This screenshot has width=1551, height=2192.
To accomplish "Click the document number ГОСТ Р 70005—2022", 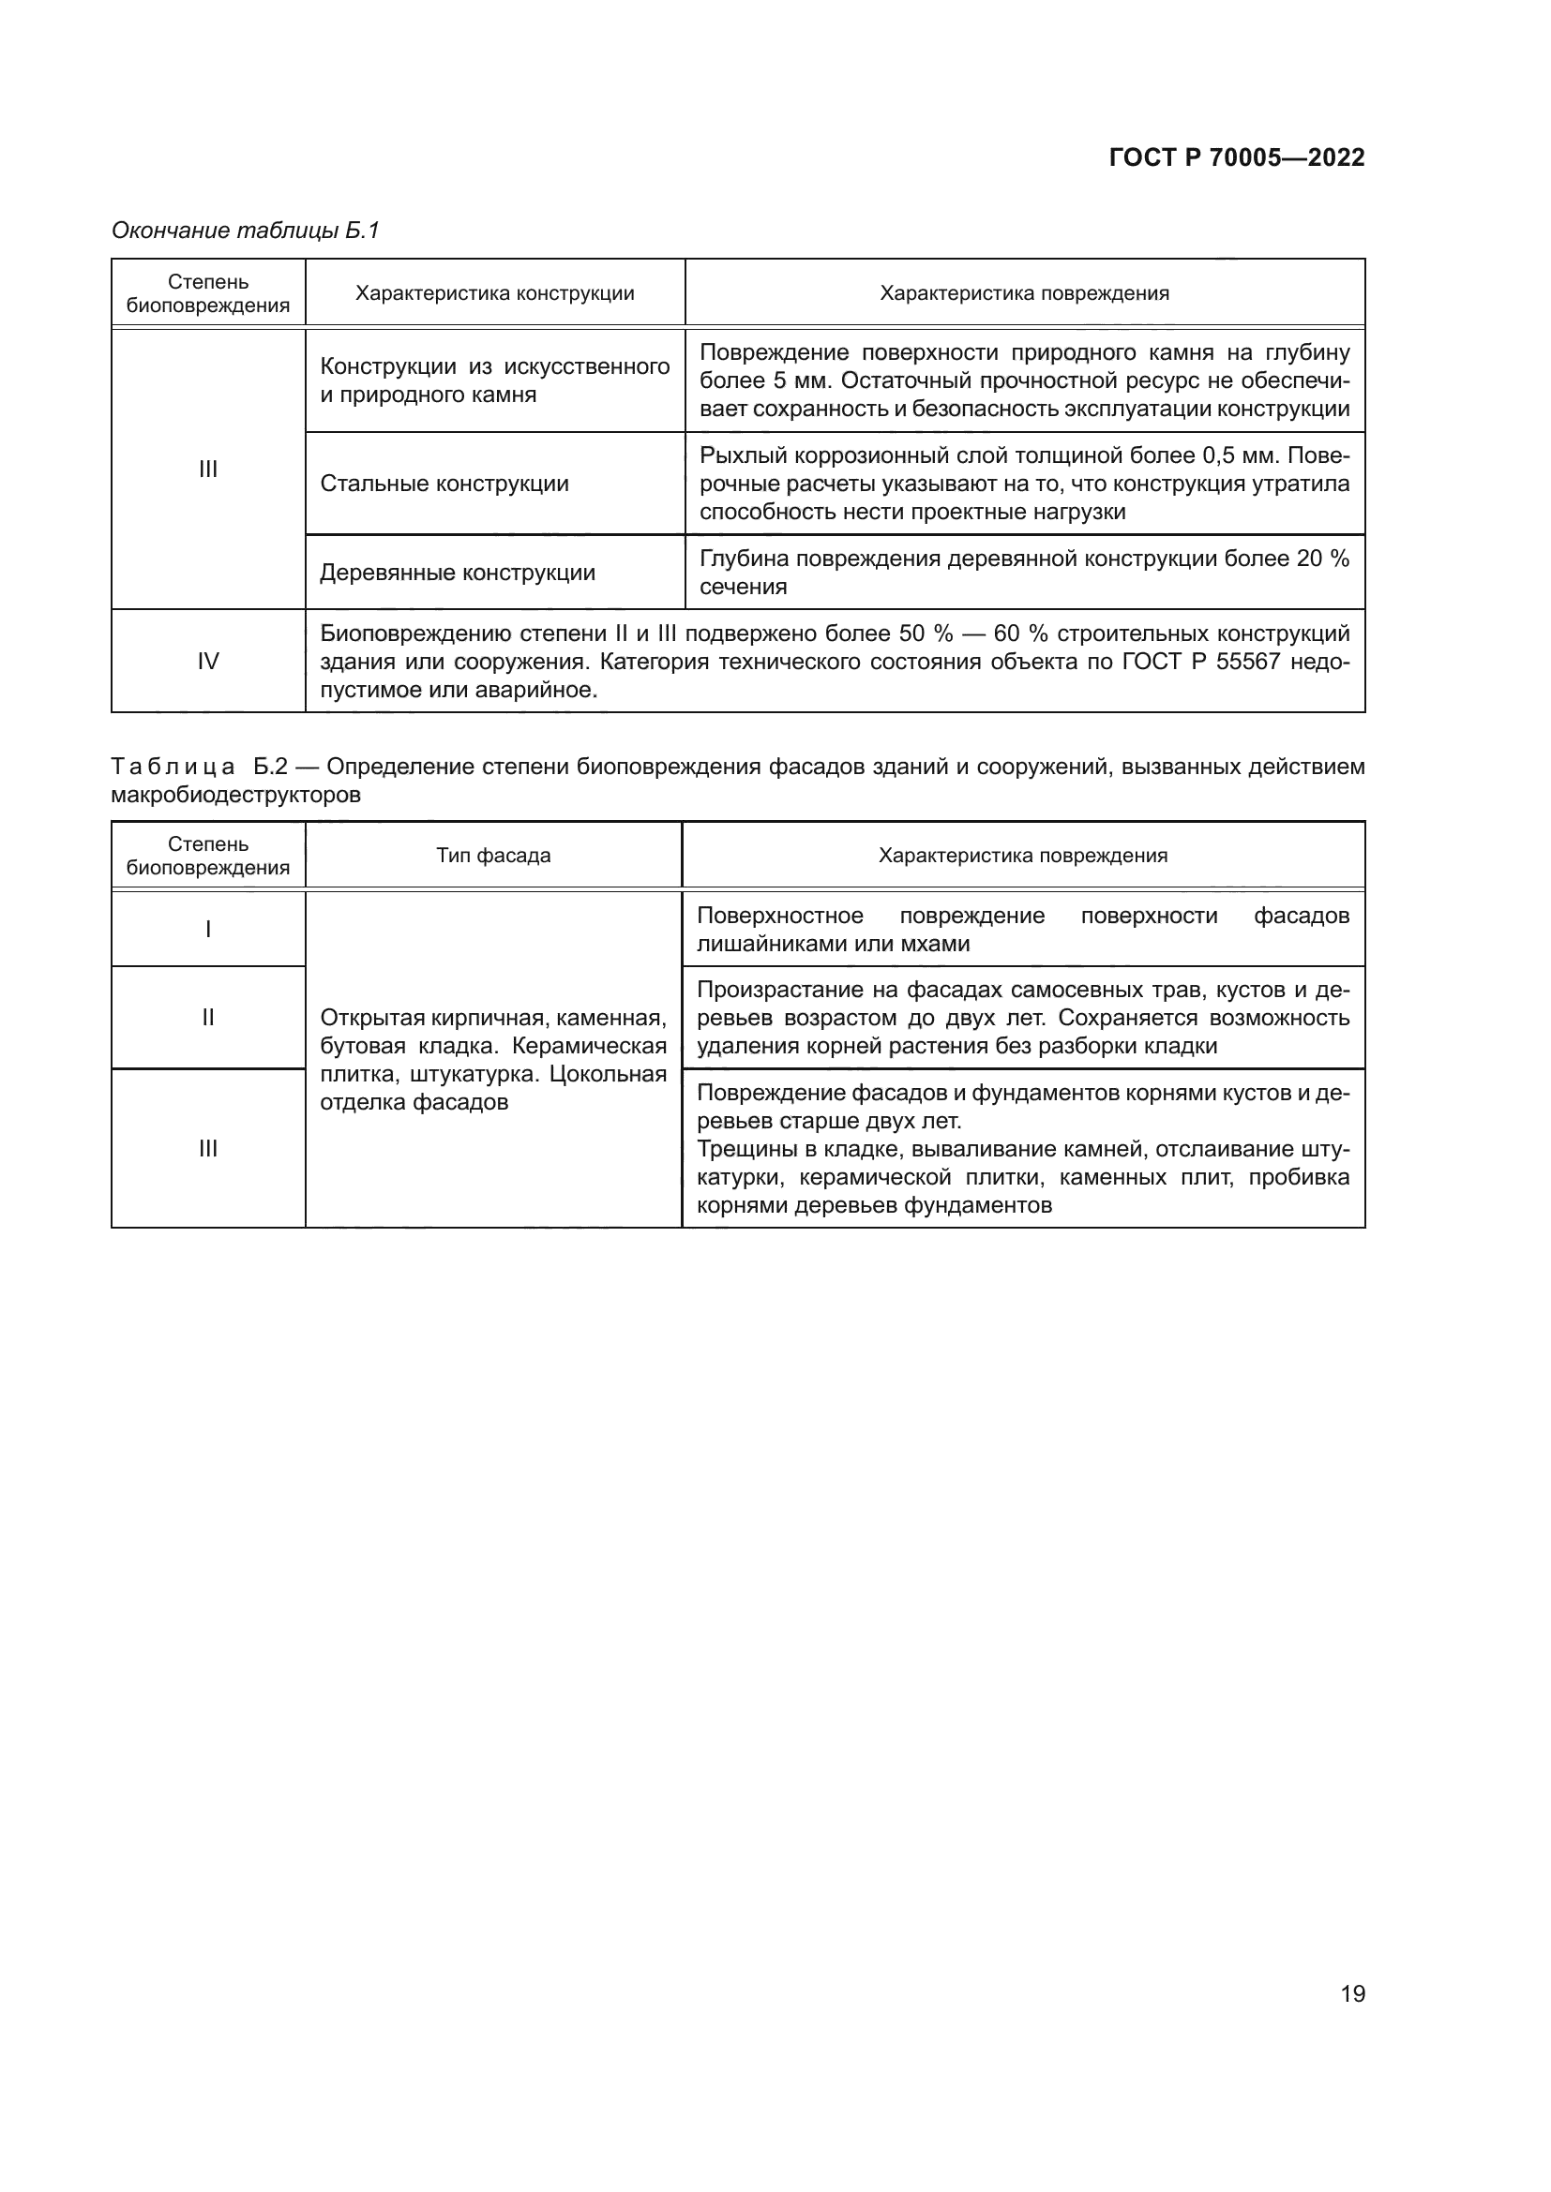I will click(x=1236, y=158).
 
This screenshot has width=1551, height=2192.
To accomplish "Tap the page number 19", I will click(x=1352, y=1993).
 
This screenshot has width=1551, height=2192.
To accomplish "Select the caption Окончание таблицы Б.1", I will click(x=246, y=231).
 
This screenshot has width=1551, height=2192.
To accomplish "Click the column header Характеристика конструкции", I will click(x=495, y=293).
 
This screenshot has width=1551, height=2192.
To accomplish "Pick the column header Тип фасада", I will click(x=493, y=856).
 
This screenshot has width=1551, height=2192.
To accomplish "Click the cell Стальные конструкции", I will click(x=444, y=484).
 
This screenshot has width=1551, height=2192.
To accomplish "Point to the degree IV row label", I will click(x=207, y=662).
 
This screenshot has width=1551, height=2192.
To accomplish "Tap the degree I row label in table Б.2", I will click(x=207, y=929).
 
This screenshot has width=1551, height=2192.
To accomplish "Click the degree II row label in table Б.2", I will click(x=207, y=1018).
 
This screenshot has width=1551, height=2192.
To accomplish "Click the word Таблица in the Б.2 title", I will click(x=173, y=767).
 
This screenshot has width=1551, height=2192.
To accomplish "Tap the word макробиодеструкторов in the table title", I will click(x=236, y=796).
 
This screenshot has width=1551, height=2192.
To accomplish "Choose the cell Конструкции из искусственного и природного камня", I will click(x=494, y=380).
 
